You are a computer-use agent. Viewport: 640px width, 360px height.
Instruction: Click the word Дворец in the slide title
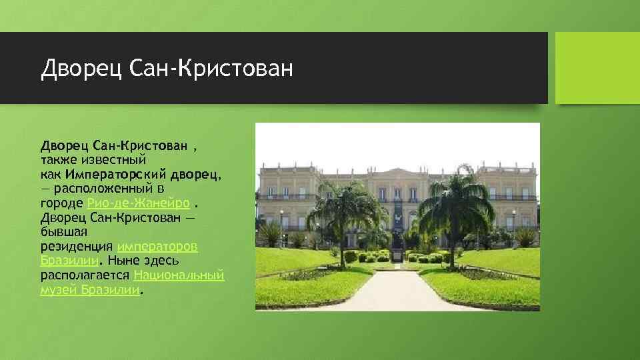tap(81, 68)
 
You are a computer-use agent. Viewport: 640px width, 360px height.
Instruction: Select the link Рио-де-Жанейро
tap(140, 203)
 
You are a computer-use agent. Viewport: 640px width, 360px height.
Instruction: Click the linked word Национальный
tap(179, 275)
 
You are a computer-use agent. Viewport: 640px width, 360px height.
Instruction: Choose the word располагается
tap(86, 275)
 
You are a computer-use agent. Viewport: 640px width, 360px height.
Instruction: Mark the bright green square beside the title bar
tap(597, 68)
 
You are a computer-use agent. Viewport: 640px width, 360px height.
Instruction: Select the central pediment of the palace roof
tap(398, 172)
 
